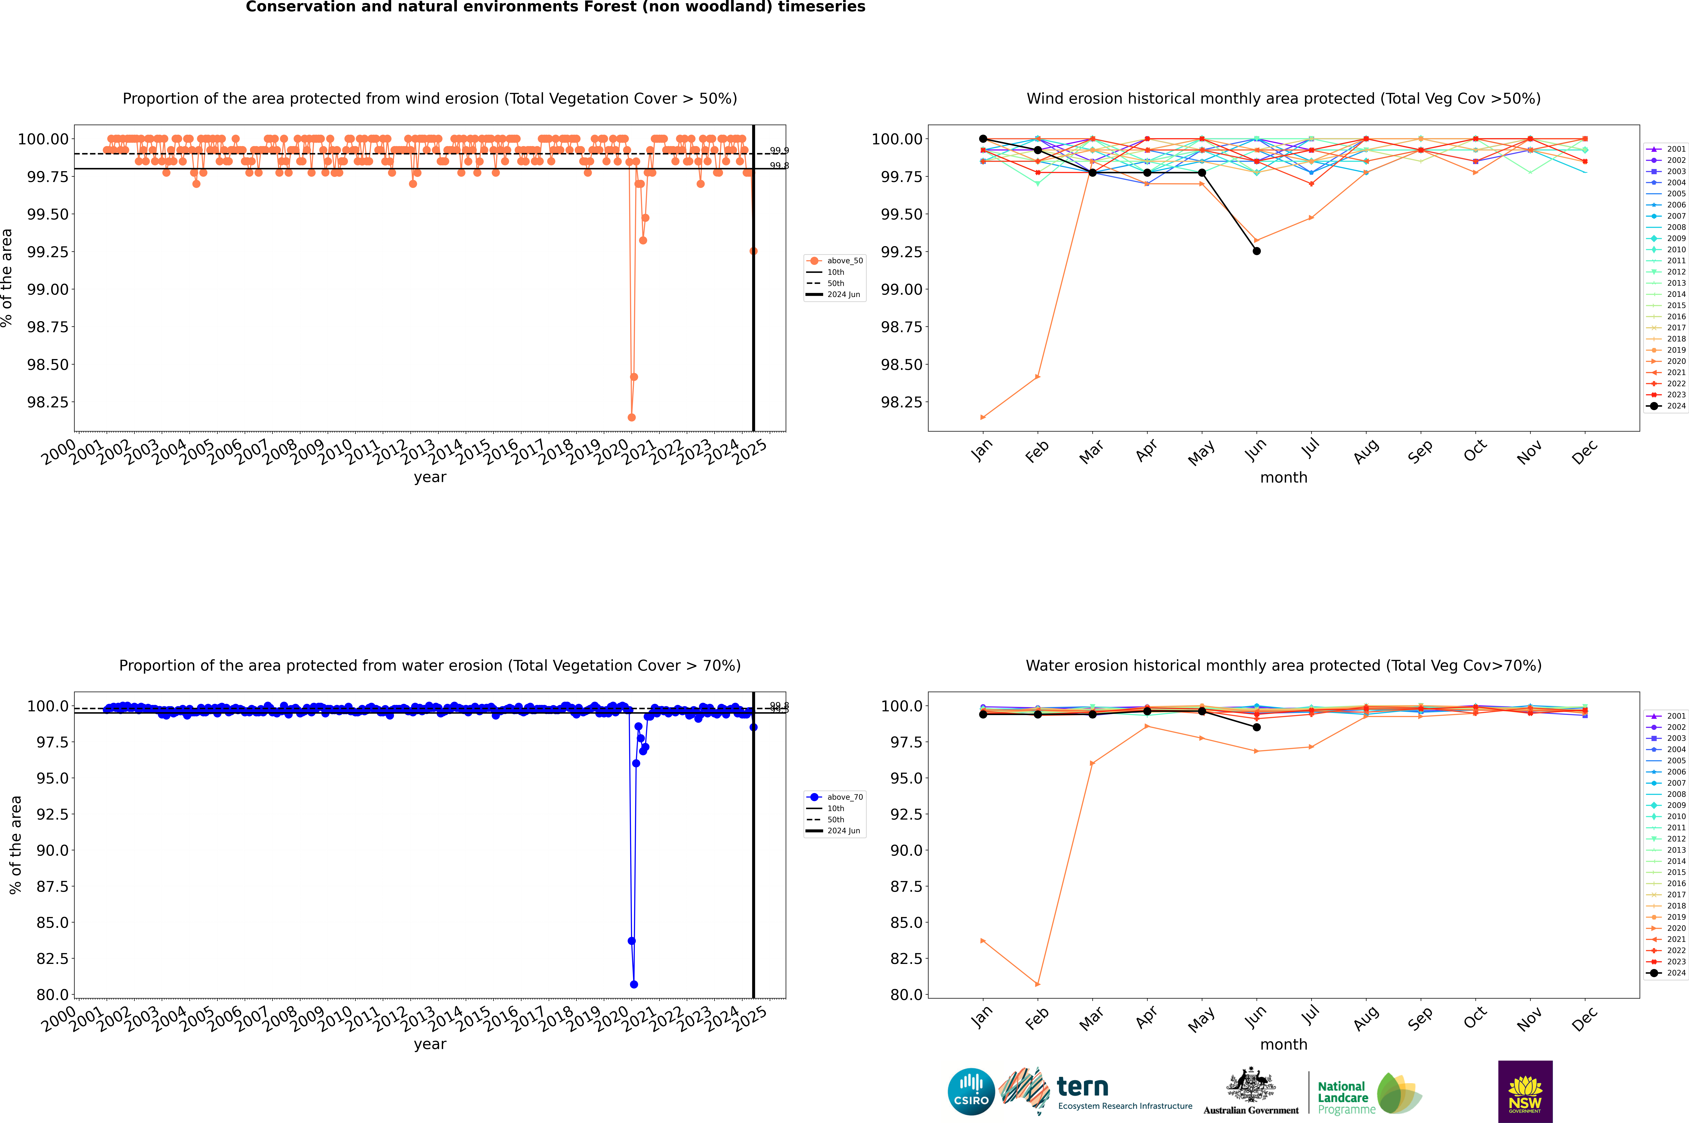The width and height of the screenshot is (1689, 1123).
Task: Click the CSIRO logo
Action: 971,1092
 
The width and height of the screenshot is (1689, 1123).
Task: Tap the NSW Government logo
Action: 1525,1092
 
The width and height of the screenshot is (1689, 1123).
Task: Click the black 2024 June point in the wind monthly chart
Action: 1257,251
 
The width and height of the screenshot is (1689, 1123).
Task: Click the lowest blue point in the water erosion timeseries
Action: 634,984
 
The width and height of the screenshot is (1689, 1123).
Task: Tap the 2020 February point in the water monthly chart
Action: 1037,984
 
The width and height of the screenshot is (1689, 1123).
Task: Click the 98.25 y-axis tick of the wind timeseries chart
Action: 47,402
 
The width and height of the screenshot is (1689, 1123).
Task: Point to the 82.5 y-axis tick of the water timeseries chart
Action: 52,958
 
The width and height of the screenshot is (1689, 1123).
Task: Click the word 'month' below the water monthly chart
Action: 1283,1044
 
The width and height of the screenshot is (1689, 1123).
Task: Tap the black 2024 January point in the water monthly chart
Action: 983,714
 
